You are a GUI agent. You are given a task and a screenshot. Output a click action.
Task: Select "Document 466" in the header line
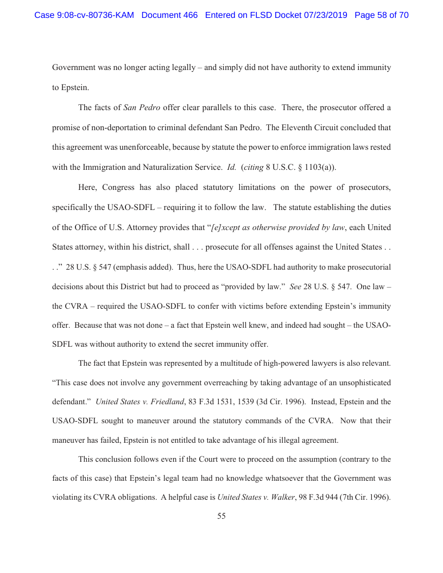pos(169,15)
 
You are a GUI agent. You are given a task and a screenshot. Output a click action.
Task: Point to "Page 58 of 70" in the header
pos(381,15)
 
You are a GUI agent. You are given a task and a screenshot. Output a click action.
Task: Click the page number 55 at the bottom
pos(221,516)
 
